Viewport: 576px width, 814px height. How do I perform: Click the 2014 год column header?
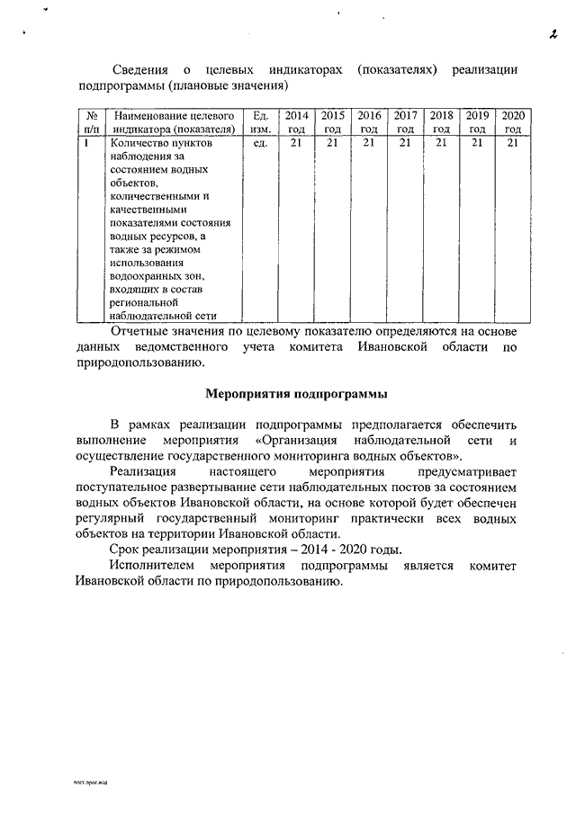296,122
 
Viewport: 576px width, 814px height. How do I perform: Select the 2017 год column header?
405,122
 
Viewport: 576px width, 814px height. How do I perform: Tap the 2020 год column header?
513,122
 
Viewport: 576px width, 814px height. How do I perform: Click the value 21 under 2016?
369,142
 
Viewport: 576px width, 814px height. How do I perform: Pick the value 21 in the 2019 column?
477,142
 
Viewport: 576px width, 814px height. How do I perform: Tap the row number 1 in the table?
85,142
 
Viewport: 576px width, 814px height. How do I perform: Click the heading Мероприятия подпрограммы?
296,393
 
